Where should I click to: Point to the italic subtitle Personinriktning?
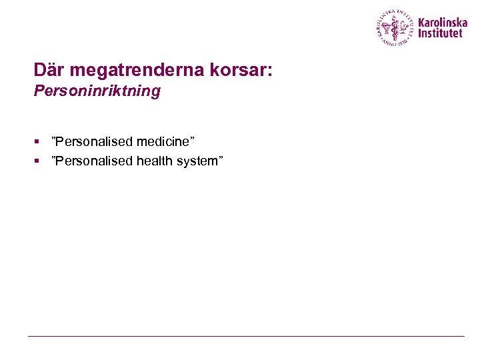[97, 91]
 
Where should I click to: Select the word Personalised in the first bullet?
[94, 141]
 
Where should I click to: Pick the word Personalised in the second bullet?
[94, 161]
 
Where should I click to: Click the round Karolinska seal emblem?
[395, 27]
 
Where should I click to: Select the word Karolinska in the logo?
[443, 22]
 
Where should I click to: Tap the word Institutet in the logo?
[440, 33]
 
